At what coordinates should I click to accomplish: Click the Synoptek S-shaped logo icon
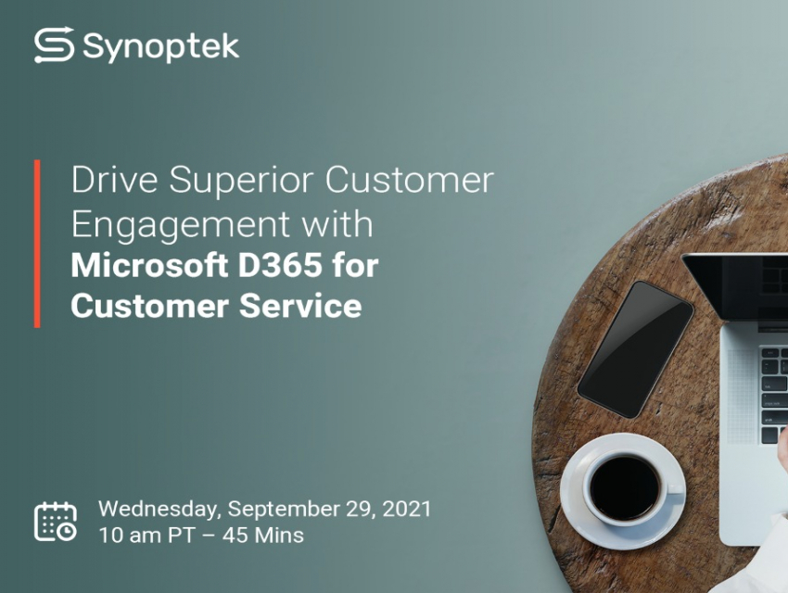pos(55,45)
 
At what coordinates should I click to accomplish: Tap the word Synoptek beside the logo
pos(160,47)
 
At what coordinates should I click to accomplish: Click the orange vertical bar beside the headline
pos(37,244)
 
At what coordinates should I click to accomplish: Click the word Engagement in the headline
pos(181,225)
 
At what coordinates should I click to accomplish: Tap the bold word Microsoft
pos(149,265)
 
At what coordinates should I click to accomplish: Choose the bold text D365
pos(280,265)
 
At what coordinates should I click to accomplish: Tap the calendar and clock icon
pos(56,522)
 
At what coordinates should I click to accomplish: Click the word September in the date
pos(284,511)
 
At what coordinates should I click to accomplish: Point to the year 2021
pos(407,509)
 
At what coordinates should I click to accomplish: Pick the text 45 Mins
pos(263,536)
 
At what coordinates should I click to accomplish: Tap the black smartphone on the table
pos(636,349)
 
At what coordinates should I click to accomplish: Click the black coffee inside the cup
pos(625,487)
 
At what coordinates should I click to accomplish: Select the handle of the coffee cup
pos(675,487)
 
